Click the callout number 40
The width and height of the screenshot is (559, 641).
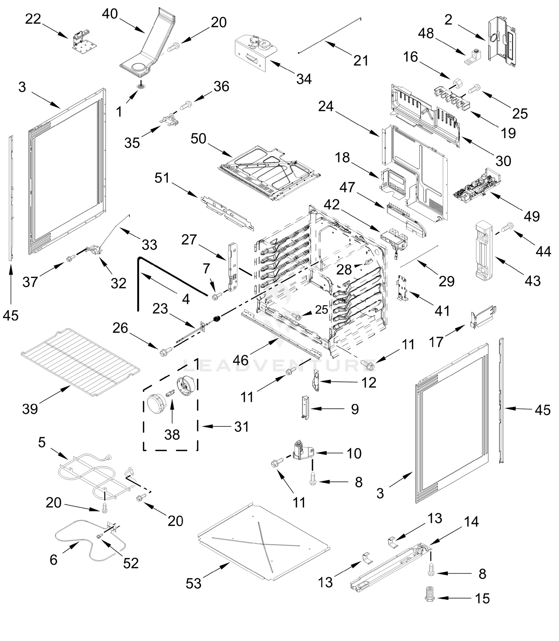110,14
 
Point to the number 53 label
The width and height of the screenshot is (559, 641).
193,583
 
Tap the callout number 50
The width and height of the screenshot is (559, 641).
198,139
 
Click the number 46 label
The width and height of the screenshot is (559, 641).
241,360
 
